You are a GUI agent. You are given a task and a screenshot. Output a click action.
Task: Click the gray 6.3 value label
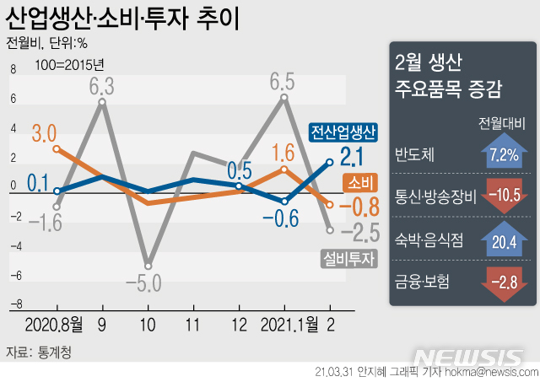coord(102,86)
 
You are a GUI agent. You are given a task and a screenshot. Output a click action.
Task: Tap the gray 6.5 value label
coord(282,82)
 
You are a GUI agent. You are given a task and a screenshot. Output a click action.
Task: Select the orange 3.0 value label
coord(44,132)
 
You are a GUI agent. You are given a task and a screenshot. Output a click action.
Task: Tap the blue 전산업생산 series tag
coord(343,132)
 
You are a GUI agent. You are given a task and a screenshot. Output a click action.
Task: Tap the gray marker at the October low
coord(148,265)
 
